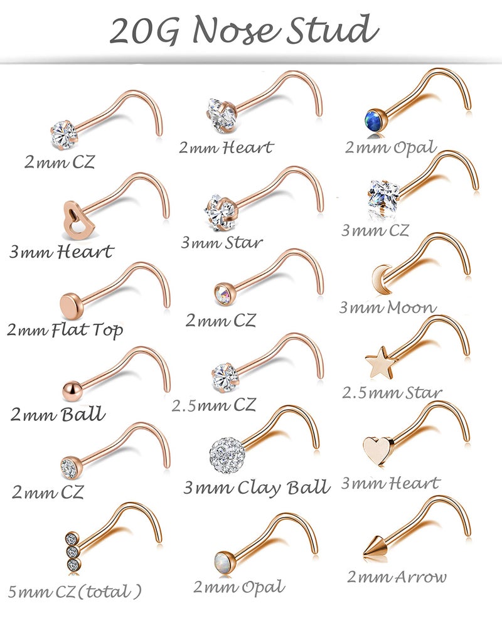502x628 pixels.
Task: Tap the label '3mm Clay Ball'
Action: pos(256,487)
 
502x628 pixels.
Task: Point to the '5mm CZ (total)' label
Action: pos(75,591)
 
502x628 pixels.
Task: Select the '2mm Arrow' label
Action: pos(397,577)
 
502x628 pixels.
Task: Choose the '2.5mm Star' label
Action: pos(392,393)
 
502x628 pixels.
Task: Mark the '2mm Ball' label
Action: pos(58,415)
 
